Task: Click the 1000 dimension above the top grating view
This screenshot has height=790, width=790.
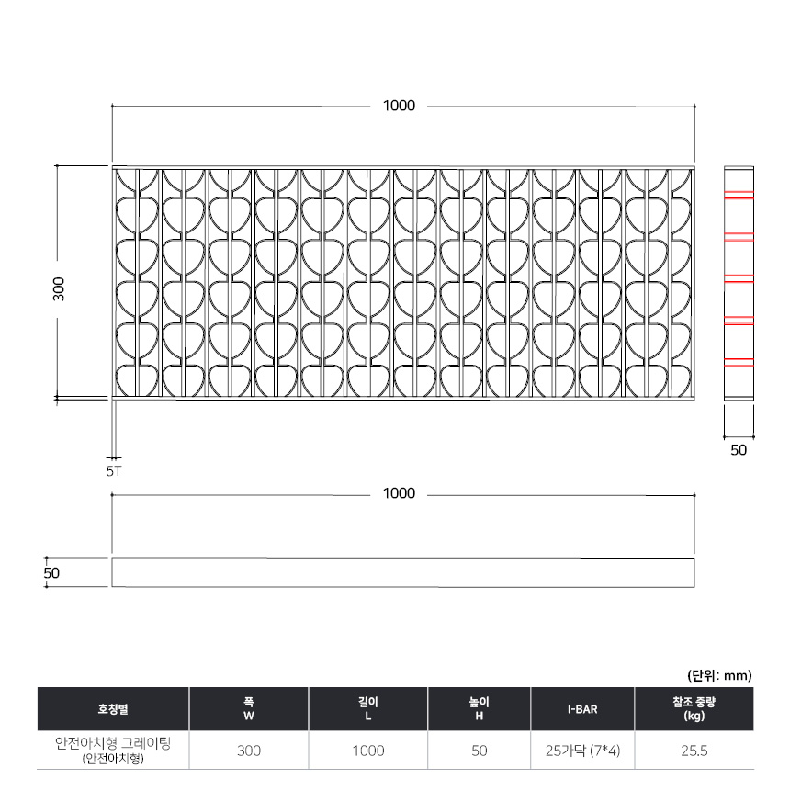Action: point(399,106)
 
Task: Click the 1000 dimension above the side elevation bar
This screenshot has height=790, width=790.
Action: point(399,493)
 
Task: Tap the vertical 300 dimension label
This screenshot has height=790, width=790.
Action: point(59,289)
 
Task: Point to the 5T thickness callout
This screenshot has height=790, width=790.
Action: point(114,471)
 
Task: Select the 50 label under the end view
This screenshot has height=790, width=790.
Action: point(739,450)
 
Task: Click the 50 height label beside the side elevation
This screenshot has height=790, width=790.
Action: point(51,573)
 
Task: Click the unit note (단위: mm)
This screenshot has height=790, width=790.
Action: point(719,675)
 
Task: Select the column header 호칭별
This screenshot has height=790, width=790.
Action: point(113,709)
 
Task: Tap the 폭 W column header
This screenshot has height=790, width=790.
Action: point(249,709)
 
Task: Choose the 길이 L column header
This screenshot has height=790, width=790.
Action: point(368,709)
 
